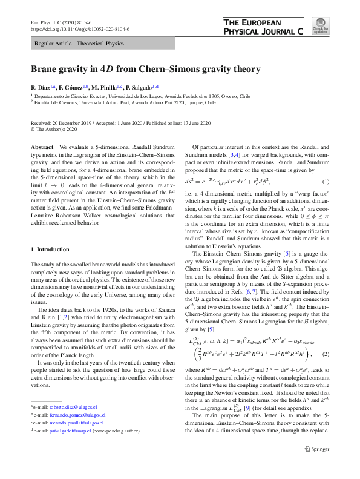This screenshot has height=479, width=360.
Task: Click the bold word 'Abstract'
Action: [42, 148]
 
